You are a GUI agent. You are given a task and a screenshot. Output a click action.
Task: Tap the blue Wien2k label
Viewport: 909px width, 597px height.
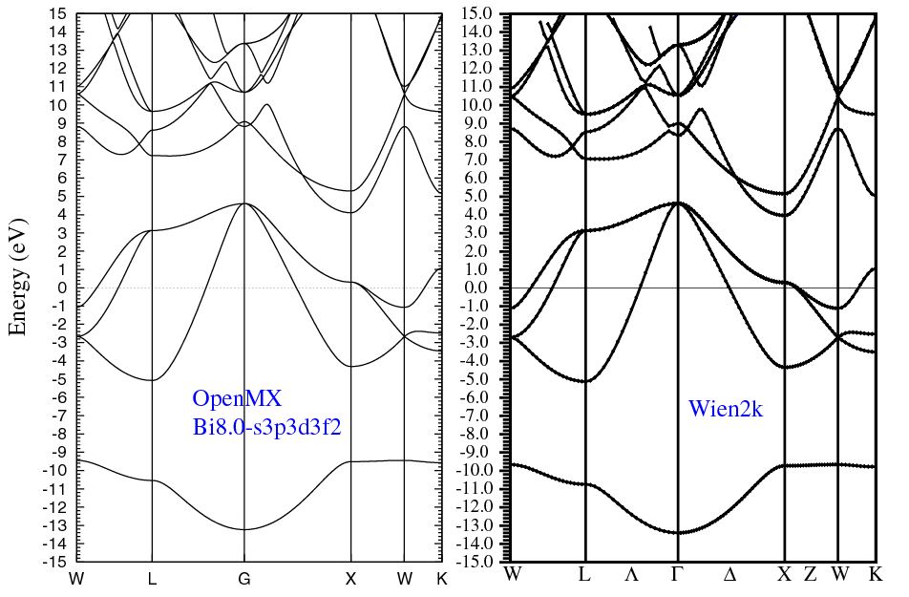point(726,409)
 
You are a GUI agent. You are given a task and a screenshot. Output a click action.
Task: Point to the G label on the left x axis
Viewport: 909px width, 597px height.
point(244,579)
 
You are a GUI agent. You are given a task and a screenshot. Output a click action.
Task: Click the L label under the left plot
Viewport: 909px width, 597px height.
point(152,579)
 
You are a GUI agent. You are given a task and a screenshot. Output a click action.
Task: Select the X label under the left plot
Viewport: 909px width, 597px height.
point(350,579)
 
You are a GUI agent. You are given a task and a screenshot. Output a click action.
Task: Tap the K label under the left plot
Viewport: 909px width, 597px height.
point(440,579)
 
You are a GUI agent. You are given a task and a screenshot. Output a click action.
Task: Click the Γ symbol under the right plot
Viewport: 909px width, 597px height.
point(677,575)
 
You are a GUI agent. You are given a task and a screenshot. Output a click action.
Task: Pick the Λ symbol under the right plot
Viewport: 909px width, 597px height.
point(631,575)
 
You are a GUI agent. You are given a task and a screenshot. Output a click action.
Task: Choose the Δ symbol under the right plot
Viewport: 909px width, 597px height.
point(730,575)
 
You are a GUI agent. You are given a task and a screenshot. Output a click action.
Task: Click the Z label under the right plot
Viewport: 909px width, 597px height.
point(811,575)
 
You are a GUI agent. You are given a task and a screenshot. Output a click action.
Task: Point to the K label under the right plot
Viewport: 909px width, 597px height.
point(875,575)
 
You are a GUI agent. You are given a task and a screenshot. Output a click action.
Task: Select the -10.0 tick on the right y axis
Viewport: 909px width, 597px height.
point(484,470)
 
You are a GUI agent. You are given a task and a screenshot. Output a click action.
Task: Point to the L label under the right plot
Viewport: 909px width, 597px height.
point(584,575)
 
